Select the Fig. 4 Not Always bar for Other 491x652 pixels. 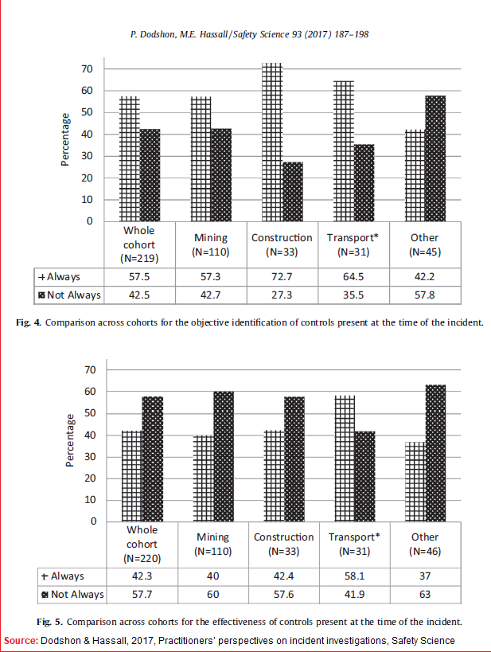[x=435, y=158]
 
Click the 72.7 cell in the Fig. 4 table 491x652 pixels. [x=281, y=276]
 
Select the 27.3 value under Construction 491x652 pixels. [x=281, y=295]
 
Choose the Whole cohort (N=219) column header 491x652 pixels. [x=138, y=244]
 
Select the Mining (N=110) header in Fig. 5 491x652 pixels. [x=212, y=544]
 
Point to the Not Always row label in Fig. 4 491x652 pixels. [x=71, y=295]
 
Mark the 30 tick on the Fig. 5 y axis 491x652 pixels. [x=91, y=457]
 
